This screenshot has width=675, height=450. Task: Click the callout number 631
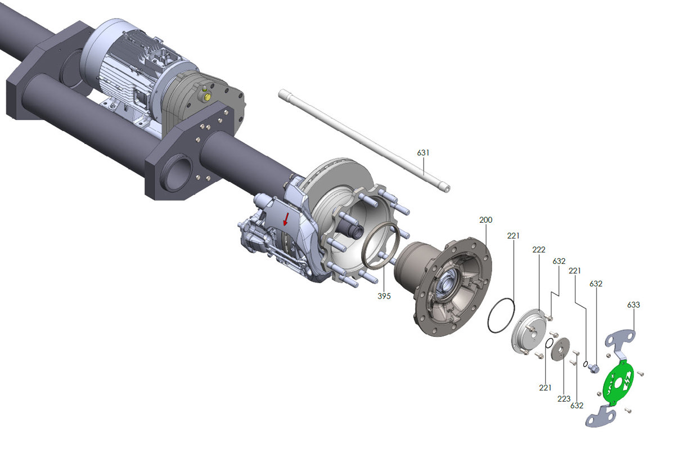tap(423, 152)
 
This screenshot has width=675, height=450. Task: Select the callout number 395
tap(384, 295)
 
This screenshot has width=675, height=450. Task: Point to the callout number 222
tap(538, 249)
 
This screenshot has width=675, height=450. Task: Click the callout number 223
tap(564, 398)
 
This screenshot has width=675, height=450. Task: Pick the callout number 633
tap(633, 305)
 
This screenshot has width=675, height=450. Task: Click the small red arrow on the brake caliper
tap(286, 219)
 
